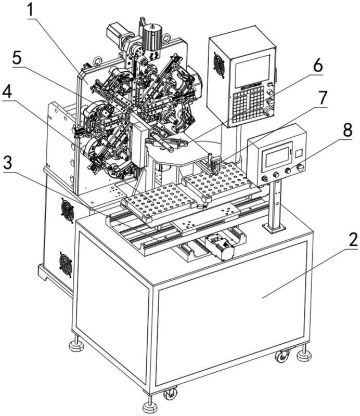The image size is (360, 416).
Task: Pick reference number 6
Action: click(x=318, y=67)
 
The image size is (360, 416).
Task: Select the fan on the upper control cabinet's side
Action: click(x=219, y=65)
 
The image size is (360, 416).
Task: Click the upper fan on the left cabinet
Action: click(x=67, y=210)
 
